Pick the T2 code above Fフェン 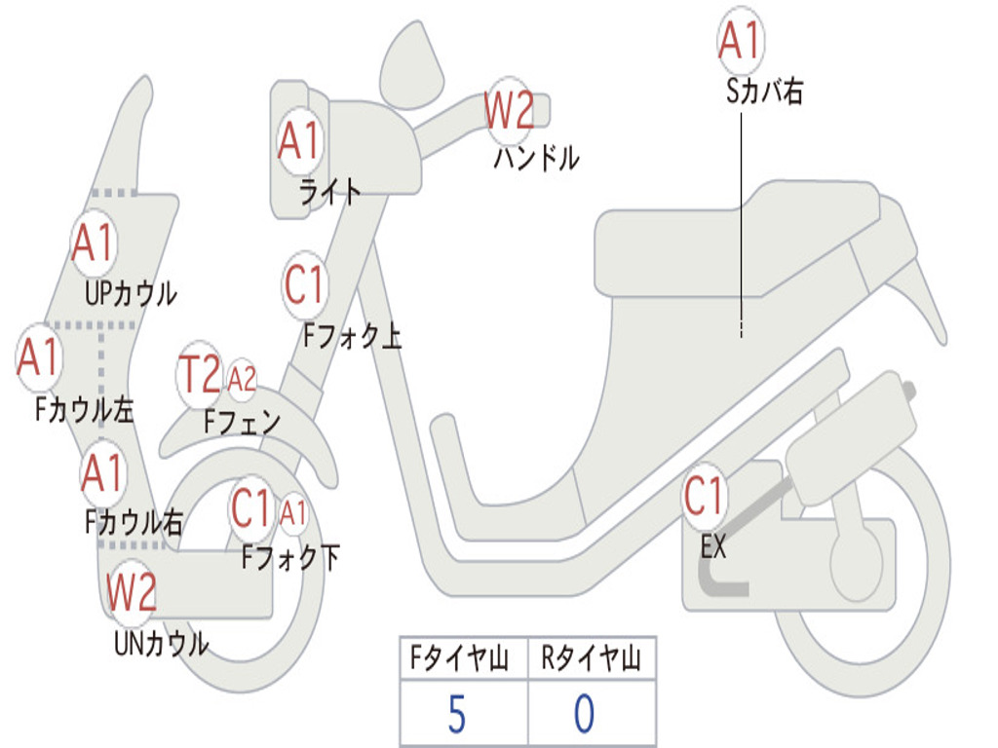coord(200,375)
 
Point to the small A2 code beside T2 coord(242,380)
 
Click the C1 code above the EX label coord(704,497)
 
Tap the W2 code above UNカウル coord(132,591)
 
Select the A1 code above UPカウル coord(94,243)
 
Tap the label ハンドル coord(535,157)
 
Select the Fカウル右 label coord(134,523)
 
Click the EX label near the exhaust coord(713,546)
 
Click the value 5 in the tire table coord(456,715)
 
